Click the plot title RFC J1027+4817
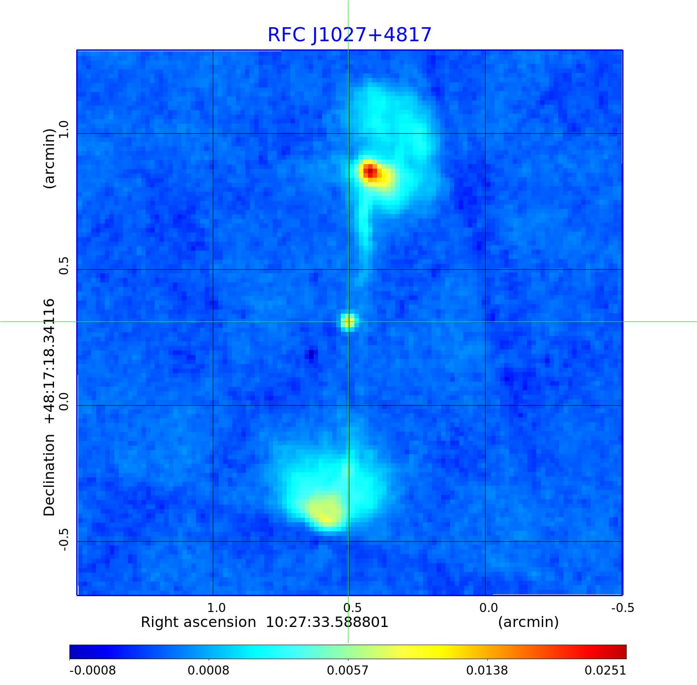349,35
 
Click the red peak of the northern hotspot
370,172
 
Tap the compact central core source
348,322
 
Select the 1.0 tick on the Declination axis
64,129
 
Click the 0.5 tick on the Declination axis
64,265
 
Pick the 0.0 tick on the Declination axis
64,401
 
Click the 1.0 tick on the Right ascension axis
216,607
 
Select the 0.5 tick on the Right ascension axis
353,607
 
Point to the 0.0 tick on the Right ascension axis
489,607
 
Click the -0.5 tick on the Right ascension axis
623,607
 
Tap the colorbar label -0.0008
93,670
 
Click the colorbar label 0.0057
348,670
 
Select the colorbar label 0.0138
487,670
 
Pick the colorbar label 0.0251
605,670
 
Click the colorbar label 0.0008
209,670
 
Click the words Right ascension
198,622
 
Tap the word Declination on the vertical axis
49,475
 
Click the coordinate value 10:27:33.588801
327,622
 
